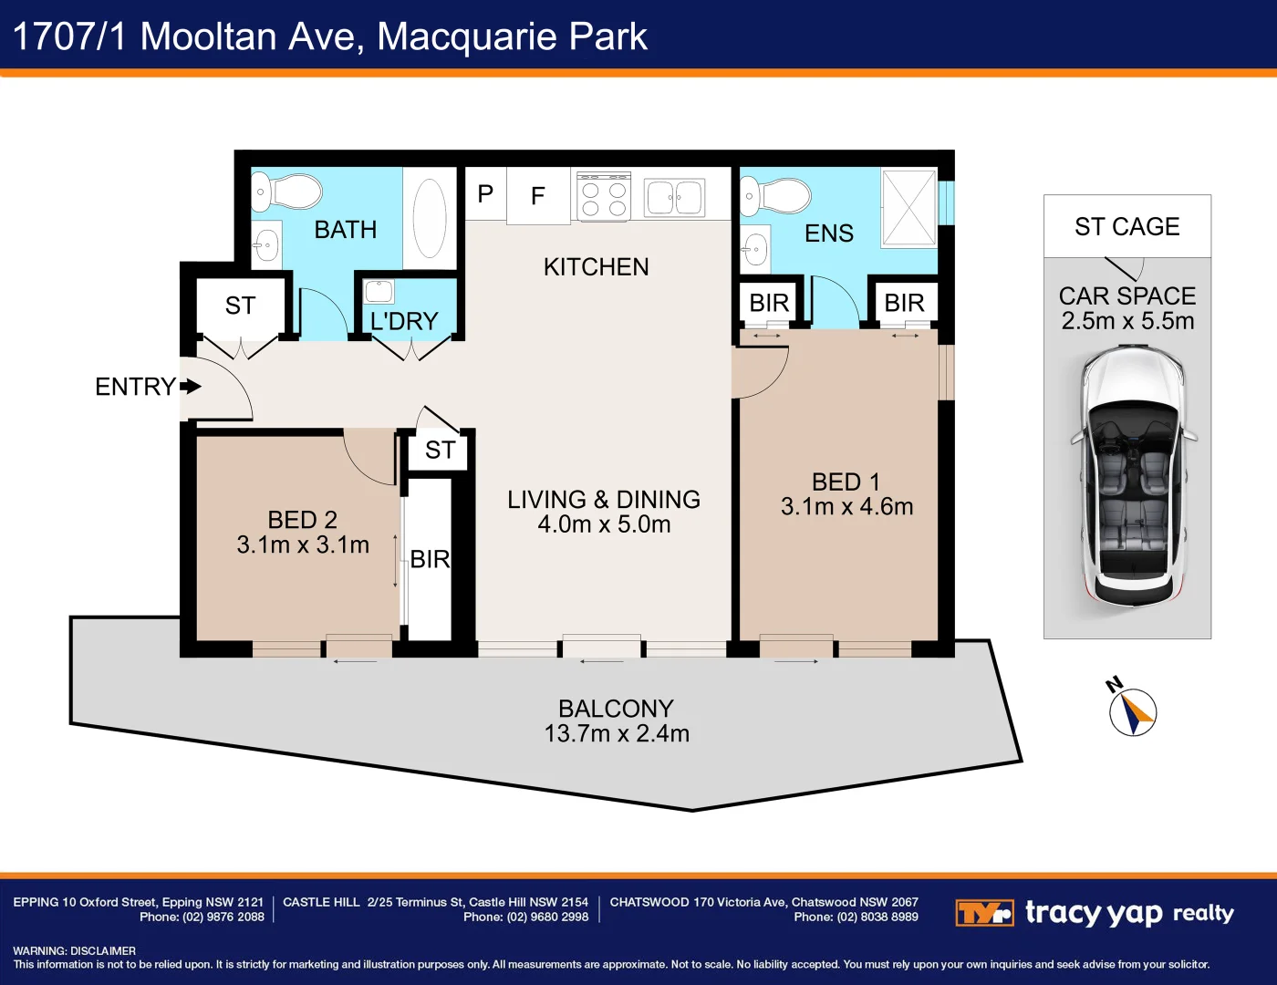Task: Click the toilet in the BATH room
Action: coord(292,192)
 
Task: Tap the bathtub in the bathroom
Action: coord(430,219)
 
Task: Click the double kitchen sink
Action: coord(674,198)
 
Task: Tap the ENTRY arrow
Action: coord(191,387)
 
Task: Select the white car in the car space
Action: coord(1133,476)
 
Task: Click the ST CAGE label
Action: coord(1126,226)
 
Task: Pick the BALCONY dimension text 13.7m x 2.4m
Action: coord(617,733)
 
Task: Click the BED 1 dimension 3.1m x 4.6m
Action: coord(846,507)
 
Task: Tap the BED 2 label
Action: coord(302,520)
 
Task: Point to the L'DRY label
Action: coord(404,321)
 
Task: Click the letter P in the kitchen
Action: coord(485,193)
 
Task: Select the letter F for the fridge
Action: coord(538,195)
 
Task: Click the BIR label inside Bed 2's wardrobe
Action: coord(430,559)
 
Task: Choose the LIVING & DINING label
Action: coord(604,500)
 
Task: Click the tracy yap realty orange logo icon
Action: coord(984,913)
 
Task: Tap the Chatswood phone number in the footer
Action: coord(856,918)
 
